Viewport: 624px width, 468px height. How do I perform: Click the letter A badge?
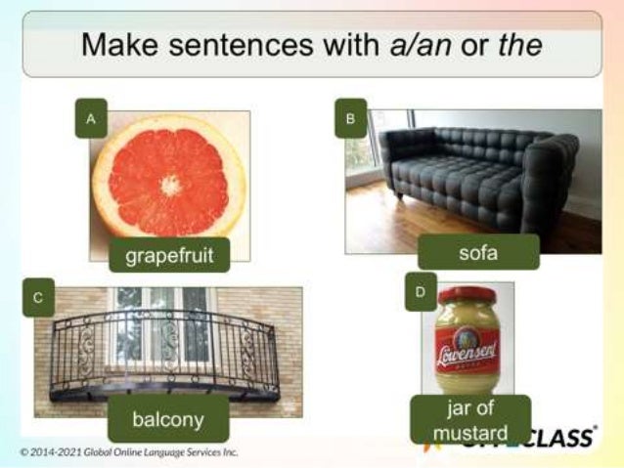tap(91, 119)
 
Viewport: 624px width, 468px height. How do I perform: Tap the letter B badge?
tap(350, 118)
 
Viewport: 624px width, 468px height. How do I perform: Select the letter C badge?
tap(38, 297)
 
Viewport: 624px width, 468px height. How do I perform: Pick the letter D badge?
tap(421, 292)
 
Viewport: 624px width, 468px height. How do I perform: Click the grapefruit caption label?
tap(169, 256)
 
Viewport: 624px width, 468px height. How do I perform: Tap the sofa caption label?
tap(478, 253)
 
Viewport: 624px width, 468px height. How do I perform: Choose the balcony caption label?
tap(168, 420)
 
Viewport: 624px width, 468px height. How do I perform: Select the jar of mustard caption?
tap(471, 421)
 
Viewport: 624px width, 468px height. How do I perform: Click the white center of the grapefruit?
tap(170, 184)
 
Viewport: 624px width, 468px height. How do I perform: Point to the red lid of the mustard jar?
tap(468, 294)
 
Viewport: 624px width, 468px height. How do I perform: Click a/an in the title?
tap(415, 45)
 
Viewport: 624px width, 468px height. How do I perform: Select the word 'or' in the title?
tap(469, 45)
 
